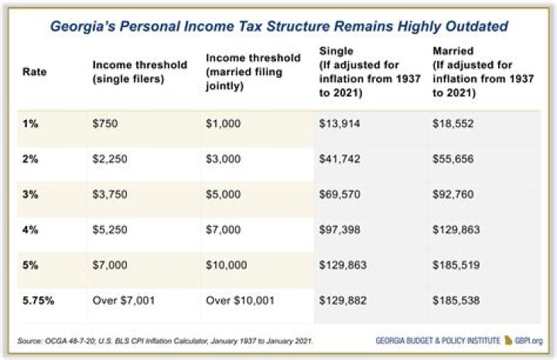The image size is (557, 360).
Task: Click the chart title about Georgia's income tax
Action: [278, 26]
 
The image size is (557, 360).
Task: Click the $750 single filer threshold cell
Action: [104, 123]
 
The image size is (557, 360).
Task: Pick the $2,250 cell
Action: [109, 159]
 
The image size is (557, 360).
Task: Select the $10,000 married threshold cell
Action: [227, 265]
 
